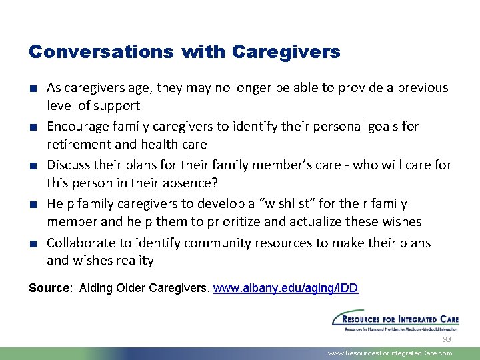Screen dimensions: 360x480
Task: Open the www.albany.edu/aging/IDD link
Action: [x=285, y=288]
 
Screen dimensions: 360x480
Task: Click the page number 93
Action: [x=447, y=339]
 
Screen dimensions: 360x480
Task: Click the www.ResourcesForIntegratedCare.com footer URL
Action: [x=389, y=353]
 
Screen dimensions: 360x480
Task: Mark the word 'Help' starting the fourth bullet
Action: [x=60, y=204]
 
